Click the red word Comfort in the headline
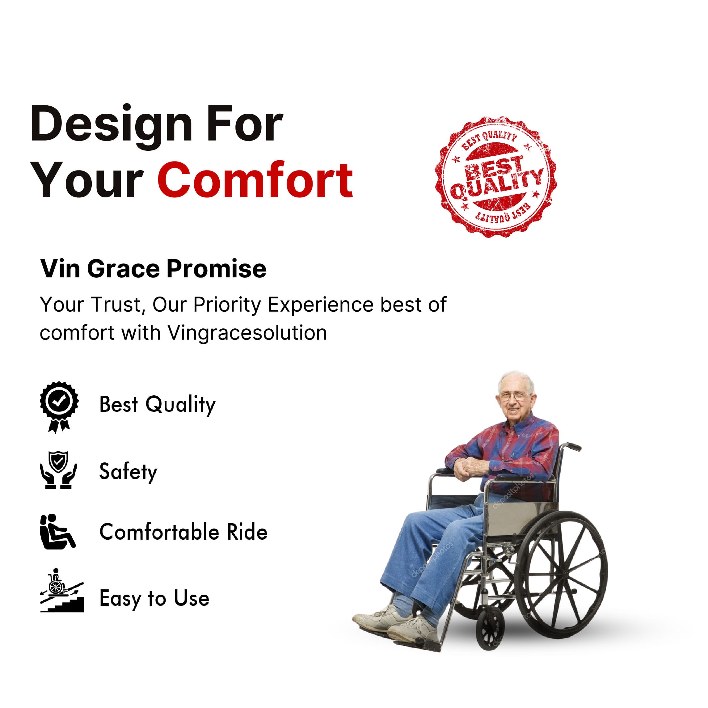point(255,180)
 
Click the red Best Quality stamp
point(495,177)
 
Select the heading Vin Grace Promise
point(153,269)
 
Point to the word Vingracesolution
point(247,333)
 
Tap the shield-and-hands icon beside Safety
point(58,470)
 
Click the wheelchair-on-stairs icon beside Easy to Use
point(61,590)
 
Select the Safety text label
point(128,472)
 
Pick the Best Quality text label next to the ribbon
point(158,405)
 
